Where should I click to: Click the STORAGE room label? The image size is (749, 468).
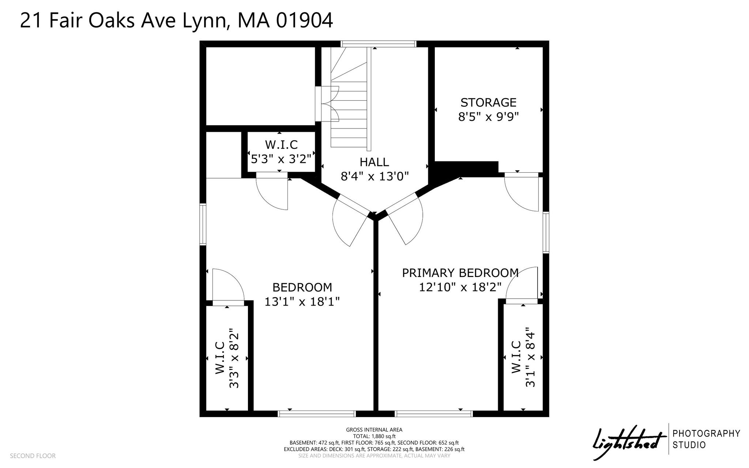tap(488, 102)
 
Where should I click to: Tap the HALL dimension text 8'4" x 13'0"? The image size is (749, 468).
tap(374, 177)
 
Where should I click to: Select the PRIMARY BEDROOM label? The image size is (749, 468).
tap(460, 273)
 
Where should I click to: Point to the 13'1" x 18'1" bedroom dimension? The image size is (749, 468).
tap(302, 302)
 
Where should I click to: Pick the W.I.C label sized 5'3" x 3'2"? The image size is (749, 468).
tap(281, 145)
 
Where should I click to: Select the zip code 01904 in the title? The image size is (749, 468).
tap(304, 21)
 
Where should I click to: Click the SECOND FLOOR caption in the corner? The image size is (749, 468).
tap(33, 456)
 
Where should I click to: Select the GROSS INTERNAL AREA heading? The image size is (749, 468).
tap(374, 430)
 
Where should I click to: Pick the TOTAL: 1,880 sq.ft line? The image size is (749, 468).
tap(374, 436)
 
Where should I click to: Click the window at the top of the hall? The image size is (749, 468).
tap(379, 44)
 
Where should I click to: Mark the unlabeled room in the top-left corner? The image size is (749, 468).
tap(261, 86)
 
